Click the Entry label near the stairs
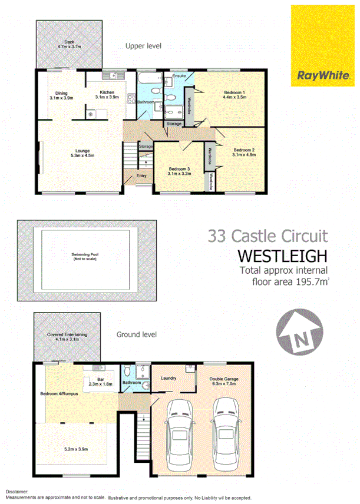(x=141, y=175)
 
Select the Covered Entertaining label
(x=67, y=335)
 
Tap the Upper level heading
(x=143, y=45)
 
